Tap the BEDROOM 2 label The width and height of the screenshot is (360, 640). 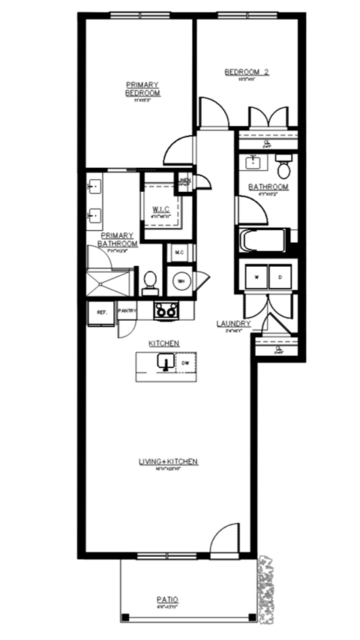tap(247, 73)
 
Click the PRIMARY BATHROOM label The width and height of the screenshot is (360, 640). tap(118, 238)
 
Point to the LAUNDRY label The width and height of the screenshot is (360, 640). tap(232, 324)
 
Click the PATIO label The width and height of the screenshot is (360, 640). tap(167, 600)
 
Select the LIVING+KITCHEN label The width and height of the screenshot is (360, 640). tap(167, 462)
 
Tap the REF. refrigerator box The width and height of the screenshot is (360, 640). tap(100, 312)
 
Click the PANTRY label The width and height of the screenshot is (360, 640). tap(126, 310)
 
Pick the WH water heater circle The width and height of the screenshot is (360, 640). tap(181, 281)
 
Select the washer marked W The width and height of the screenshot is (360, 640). tap(256, 277)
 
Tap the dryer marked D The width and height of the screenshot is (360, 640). tap(280, 277)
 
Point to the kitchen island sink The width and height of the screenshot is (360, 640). tap(165, 364)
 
